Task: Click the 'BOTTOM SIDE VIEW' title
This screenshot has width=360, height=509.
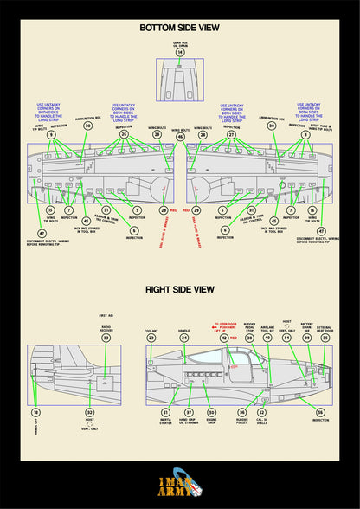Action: pyautogui.click(x=180, y=28)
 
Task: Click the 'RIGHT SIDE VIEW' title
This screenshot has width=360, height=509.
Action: pyautogui.click(x=180, y=290)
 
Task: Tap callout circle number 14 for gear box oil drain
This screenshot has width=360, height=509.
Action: pyautogui.click(x=180, y=52)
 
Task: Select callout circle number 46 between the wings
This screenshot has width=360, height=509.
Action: pyautogui.click(x=180, y=137)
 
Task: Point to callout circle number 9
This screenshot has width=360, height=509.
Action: pyautogui.click(x=51, y=135)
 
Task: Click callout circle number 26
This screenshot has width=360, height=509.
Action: pyautogui.click(x=124, y=135)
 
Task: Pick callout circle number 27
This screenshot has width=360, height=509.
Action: pyautogui.click(x=231, y=135)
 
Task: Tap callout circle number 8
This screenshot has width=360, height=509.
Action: pyautogui.click(x=305, y=135)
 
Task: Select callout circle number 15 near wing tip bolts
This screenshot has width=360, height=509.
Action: pyautogui.click(x=50, y=210)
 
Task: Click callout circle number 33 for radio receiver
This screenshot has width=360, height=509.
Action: pyautogui.click(x=106, y=338)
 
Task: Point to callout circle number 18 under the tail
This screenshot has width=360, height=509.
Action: pyautogui.click(x=35, y=413)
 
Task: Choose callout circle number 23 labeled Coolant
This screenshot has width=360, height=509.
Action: pyautogui.click(x=152, y=338)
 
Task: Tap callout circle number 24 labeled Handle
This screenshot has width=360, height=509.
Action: pyautogui.click(x=184, y=338)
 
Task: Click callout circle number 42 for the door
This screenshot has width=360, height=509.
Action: pyautogui.click(x=226, y=338)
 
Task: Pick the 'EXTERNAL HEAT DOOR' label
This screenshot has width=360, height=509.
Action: pyautogui.click(x=325, y=330)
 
